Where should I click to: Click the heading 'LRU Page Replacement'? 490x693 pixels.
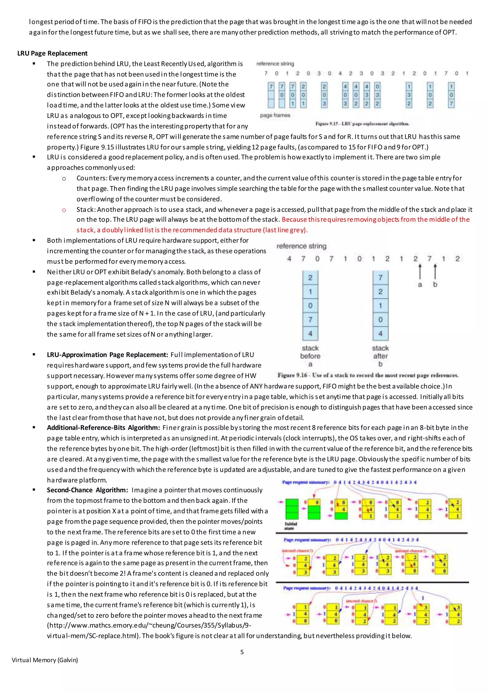click(52, 53)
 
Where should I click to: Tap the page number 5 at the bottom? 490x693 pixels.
click(242, 652)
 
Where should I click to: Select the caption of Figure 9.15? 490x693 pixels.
click(362, 124)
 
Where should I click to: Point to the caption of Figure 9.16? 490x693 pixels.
click(368, 375)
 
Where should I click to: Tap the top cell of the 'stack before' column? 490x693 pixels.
click(310, 278)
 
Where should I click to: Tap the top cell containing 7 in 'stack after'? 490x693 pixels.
click(380, 278)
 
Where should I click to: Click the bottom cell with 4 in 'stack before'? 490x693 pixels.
click(310, 334)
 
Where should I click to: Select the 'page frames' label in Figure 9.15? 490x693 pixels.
click(275, 115)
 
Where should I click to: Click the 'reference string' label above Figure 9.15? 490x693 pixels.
click(275, 64)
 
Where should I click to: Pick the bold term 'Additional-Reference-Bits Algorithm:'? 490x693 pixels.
click(103, 428)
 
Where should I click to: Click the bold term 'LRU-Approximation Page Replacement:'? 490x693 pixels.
click(107, 355)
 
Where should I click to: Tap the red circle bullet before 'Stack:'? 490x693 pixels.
click(64, 210)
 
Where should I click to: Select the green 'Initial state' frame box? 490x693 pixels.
click(292, 509)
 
